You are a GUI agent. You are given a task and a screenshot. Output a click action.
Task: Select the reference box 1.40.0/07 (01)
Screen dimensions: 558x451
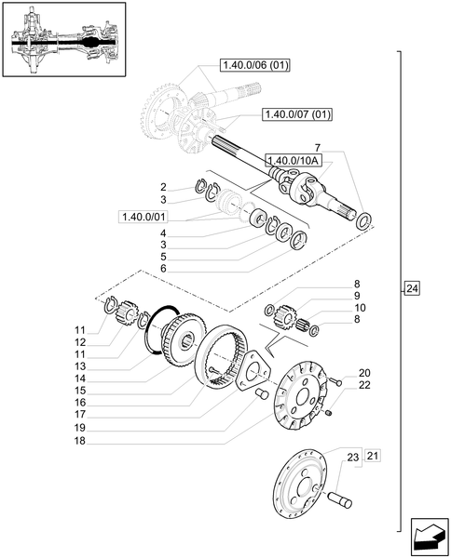(297, 113)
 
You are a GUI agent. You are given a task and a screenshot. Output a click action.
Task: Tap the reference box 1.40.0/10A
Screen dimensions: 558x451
(293, 159)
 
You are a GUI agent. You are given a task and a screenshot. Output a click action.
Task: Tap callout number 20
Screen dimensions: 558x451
(364, 372)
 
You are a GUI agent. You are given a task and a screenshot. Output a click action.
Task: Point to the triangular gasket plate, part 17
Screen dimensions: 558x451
(255, 373)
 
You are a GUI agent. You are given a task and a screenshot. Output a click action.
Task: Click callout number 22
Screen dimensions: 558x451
(364, 385)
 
